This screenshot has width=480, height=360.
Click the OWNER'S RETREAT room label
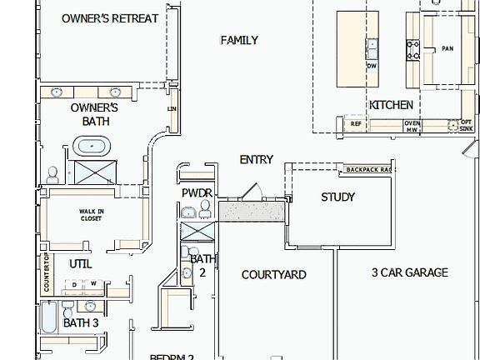(x=110, y=18)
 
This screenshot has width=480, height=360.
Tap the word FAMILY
(x=238, y=40)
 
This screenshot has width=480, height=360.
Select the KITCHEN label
(x=391, y=105)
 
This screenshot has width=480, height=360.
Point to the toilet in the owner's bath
(x=52, y=174)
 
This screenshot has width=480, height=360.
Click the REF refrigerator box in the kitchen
(x=356, y=124)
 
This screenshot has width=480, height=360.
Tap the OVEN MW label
(x=412, y=126)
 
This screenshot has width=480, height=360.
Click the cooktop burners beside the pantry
(x=412, y=50)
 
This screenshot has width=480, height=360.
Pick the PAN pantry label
(x=447, y=48)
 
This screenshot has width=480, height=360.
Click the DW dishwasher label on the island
(x=372, y=65)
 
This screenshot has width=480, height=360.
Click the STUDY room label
(x=337, y=197)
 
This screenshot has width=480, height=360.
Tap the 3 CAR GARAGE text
(x=409, y=272)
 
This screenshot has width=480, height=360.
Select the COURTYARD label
(x=273, y=274)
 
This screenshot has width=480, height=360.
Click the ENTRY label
(x=256, y=159)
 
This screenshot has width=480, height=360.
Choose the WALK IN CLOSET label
(x=91, y=215)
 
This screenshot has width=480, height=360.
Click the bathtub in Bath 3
(x=49, y=317)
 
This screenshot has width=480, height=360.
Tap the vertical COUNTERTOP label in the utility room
(x=47, y=273)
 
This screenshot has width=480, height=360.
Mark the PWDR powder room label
(x=198, y=193)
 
